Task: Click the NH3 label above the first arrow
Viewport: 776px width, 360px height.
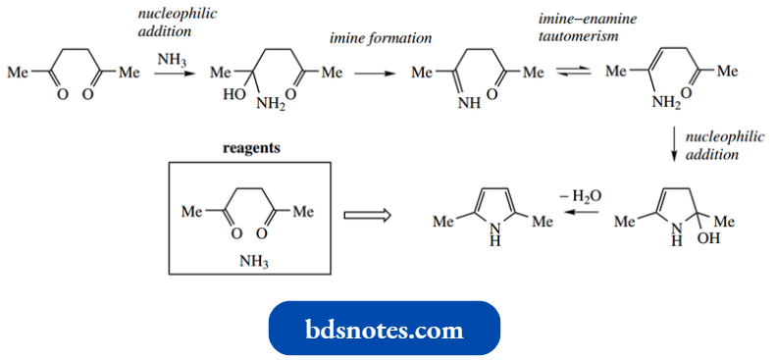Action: tap(171, 60)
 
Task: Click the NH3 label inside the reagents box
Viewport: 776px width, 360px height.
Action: tap(254, 263)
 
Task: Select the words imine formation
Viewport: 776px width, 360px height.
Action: tap(381, 38)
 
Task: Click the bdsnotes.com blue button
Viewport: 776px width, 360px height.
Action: tap(385, 329)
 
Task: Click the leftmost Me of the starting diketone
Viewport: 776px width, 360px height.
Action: tap(18, 73)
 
